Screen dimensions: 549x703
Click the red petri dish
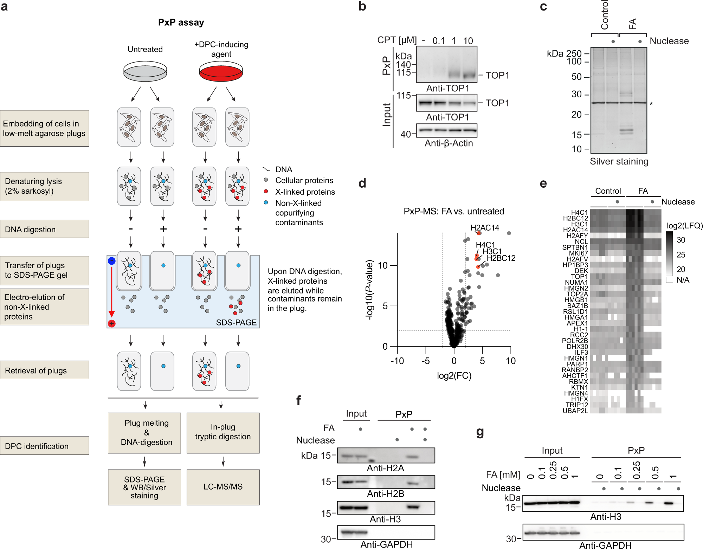tap(221, 72)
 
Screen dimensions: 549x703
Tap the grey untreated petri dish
tap(145, 72)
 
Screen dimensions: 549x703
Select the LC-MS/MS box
tap(223, 487)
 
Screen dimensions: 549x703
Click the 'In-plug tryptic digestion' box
tap(223, 432)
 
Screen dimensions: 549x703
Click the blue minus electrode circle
tap(111, 261)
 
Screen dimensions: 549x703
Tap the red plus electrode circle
tap(112, 323)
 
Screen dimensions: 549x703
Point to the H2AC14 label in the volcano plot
tap(485, 228)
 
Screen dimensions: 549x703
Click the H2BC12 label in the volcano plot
tap(501, 258)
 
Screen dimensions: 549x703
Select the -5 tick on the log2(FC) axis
tap(425, 361)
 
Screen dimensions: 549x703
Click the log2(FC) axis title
tap(454, 376)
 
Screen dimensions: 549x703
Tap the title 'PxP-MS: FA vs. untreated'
tap(453, 211)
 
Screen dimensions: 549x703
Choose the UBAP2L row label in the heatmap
tap(575, 411)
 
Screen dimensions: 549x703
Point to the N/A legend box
tap(669, 280)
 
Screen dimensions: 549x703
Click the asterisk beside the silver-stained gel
tap(651, 104)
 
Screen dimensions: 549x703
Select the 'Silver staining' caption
tap(619, 161)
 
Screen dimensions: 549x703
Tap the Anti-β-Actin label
tap(449, 143)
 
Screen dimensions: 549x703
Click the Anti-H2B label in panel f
tap(385, 494)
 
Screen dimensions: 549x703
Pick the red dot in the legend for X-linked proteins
tap(266, 192)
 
